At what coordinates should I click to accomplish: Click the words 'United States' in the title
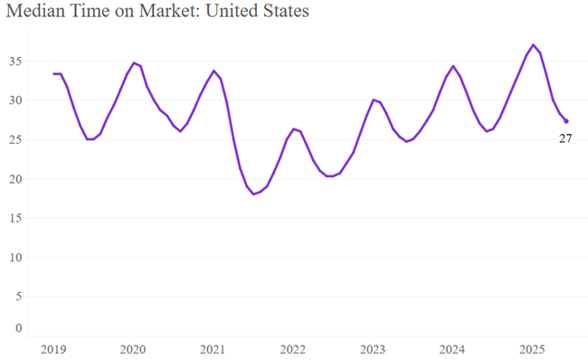click(x=263, y=13)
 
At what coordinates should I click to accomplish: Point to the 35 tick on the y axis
click(x=16, y=62)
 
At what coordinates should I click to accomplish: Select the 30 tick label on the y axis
click(x=16, y=100)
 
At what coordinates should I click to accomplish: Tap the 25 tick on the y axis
click(x=16, y=139)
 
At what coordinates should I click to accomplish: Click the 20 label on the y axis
click(x=16, y=179)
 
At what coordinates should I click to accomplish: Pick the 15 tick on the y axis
click(x=16, y=218)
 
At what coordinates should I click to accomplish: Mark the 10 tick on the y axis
click(x=16, y=257)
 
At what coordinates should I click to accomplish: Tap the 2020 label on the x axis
click(x=133, y=349)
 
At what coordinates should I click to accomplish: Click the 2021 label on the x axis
click(x=213, y=349)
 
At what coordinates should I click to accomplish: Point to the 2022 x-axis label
click(x=293, y=349)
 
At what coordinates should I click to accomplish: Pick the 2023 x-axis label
click(x=373, y=349)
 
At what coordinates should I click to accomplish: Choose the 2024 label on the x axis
click(x=452, y=349)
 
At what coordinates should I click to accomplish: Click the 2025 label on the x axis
click(x=533, y=349)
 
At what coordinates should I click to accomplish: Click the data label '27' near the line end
click(x=565, y=138)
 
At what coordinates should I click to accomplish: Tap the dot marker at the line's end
click(x=566, y=121)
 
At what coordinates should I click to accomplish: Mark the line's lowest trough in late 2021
click(x=254, y=194)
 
